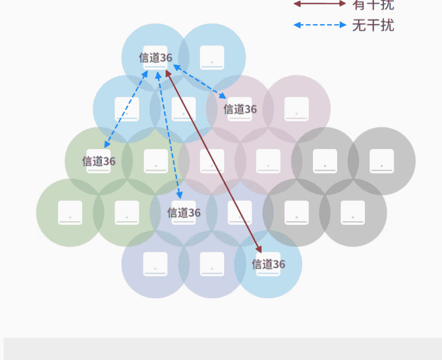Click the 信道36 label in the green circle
[x=99, y=161]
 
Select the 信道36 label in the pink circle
[x=240, y=109]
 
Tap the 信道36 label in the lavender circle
[x=183, y=212]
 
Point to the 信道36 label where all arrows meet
[x=155, y=58]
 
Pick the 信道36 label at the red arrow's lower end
[x=268, y=264]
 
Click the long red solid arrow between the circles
[x=213, y=161]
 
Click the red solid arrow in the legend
[x=320, y=4]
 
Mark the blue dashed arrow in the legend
[x=320, y=25]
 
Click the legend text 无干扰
[x=373, y=25]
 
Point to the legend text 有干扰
[x=373, y=5]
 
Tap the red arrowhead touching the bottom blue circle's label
[x=259, y=249]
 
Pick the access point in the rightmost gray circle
[x=381, y=161]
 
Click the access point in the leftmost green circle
[x=70, y=212]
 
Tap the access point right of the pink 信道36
[x=297, y=109]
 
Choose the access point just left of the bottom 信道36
[x=212, y=264]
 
